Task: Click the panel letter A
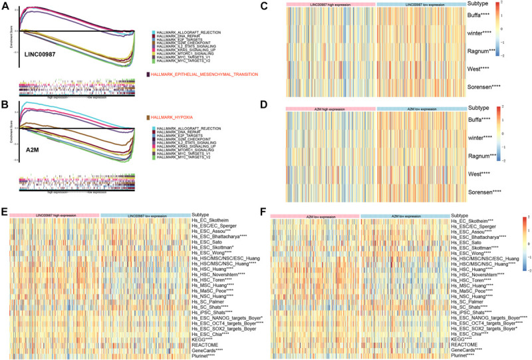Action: click(5, 5)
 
